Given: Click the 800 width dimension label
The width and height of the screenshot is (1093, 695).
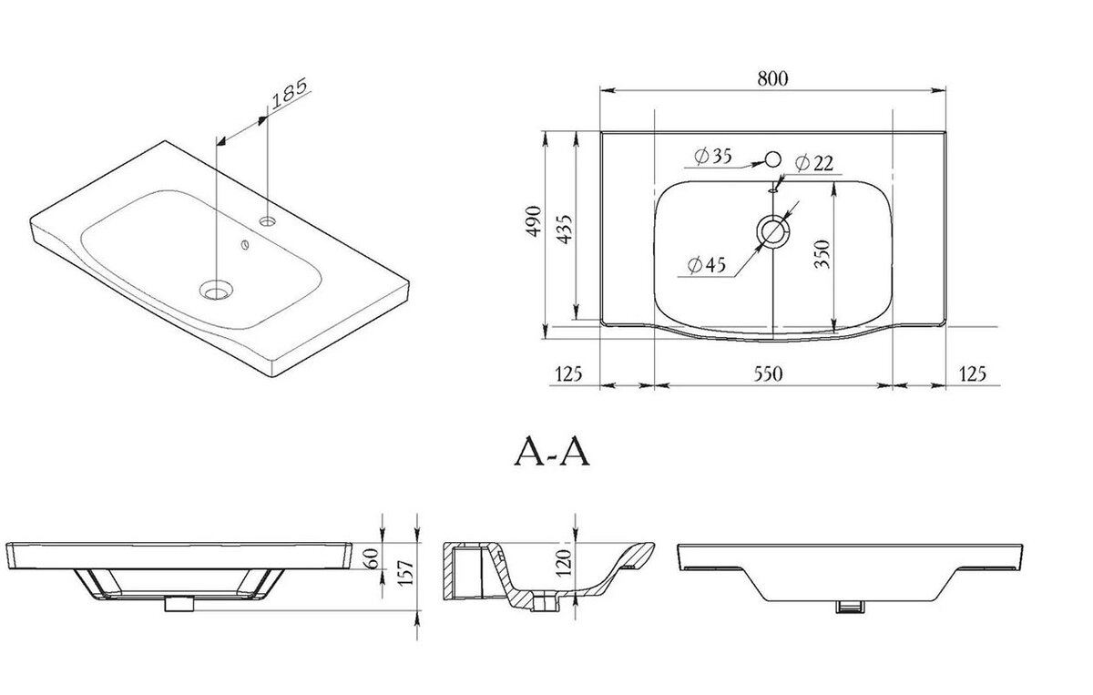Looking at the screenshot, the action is pos(772,78).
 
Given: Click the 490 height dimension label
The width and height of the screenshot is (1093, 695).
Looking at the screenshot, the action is pos(535,221).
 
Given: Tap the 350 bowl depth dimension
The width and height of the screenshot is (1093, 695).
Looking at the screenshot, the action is pos(822,253).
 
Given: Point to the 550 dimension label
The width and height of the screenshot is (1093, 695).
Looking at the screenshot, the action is pos(768,373).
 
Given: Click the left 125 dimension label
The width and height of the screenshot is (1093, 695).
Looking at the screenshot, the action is pos(568,373).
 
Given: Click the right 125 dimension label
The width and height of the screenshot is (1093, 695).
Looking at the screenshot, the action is pos(973,373).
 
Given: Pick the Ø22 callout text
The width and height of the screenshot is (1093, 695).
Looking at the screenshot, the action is pos(814,163).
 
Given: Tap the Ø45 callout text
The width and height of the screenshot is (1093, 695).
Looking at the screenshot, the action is pos(707,264).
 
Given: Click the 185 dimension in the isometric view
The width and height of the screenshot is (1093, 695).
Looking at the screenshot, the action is pos(290,93).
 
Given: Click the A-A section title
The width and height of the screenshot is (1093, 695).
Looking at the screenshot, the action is pos(552,452).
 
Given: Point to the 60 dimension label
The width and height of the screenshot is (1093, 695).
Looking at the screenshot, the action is pos(371,557).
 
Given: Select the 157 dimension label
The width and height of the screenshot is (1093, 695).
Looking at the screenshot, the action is pos(406,573).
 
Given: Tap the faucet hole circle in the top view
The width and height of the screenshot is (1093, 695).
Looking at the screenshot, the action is pos(773,158).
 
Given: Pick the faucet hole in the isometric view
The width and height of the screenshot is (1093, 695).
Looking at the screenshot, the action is pos(268,221).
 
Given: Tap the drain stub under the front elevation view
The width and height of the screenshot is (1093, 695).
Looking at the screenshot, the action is pos(179,604).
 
